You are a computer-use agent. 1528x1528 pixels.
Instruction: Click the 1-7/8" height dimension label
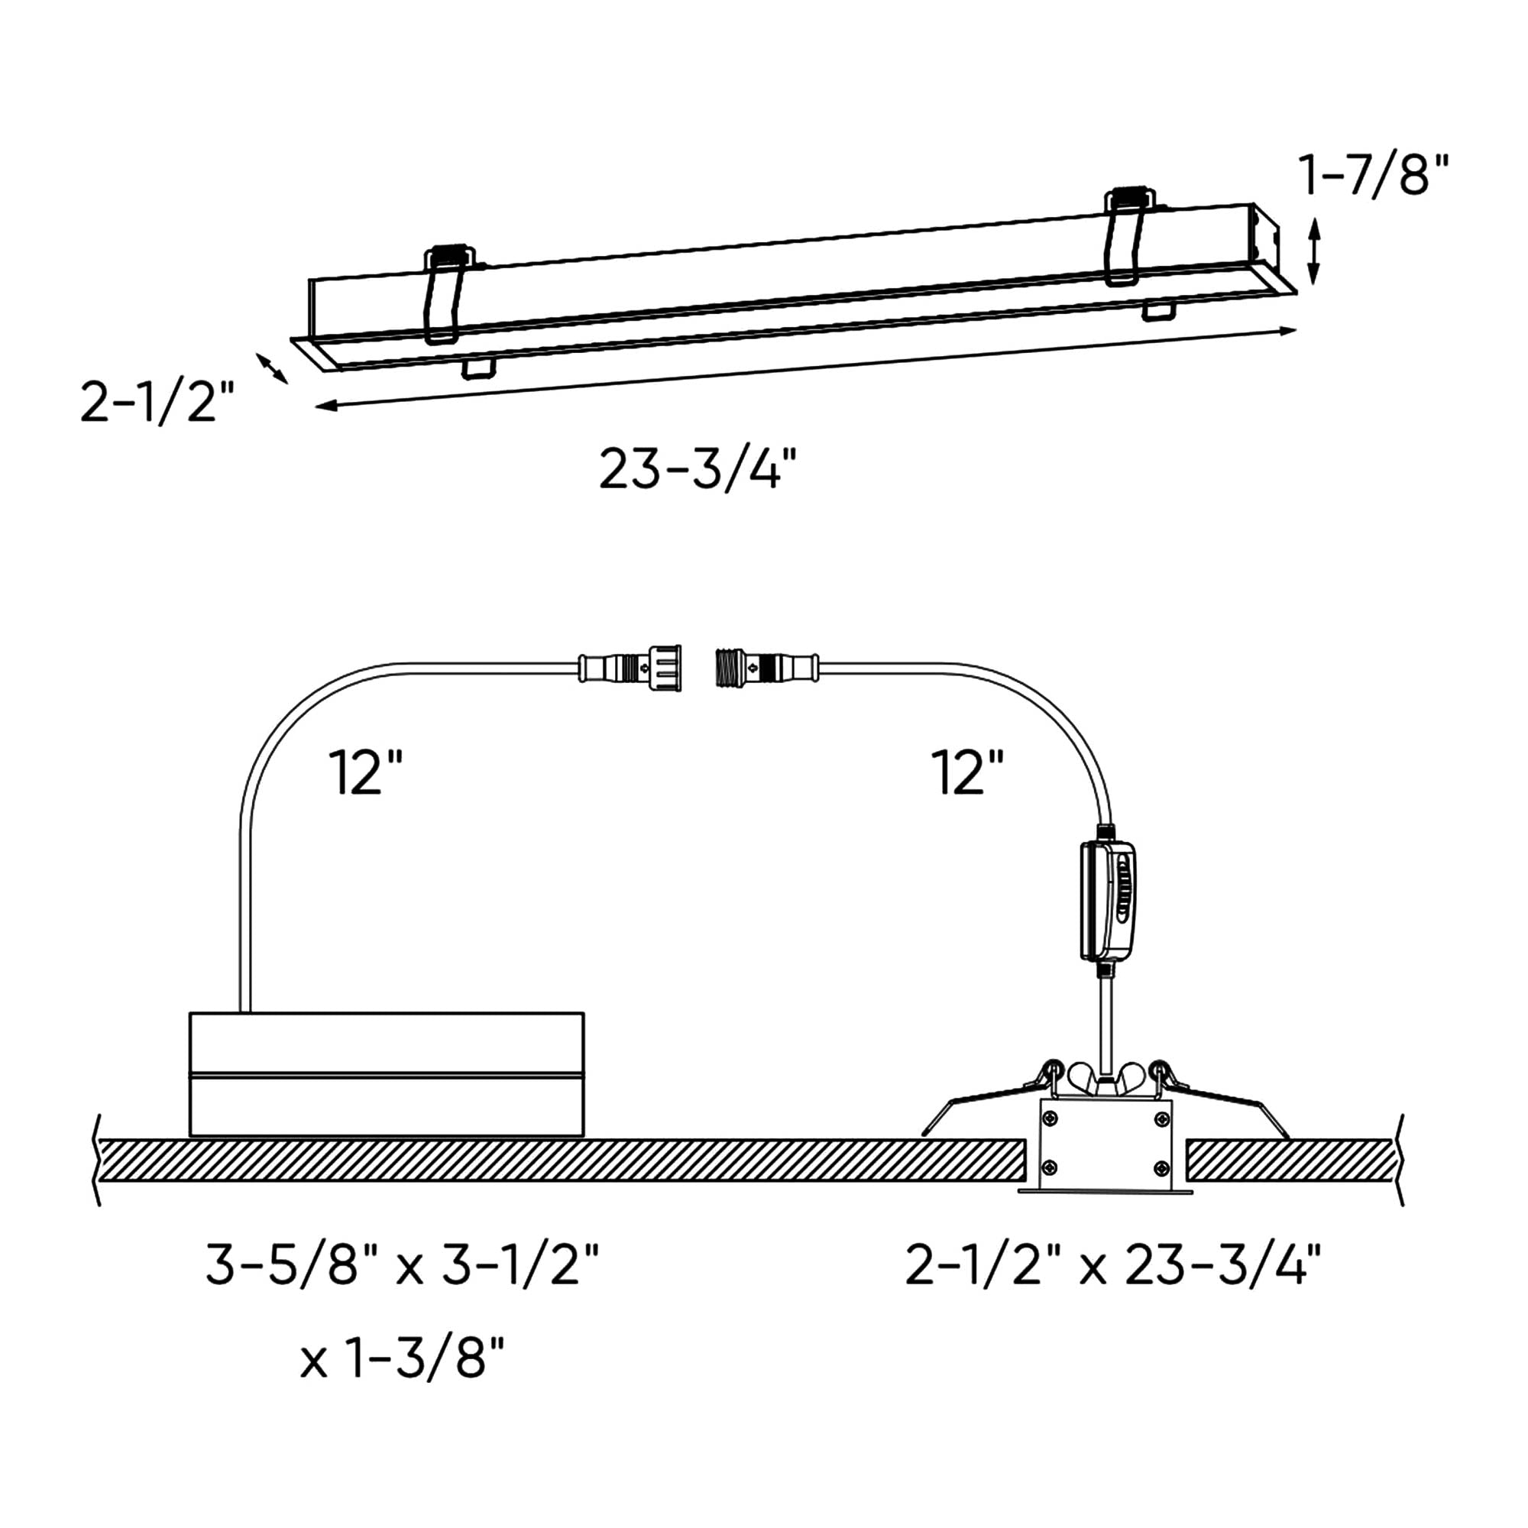click(x=1374, y=176)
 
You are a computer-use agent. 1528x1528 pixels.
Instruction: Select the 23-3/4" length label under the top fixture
click(x=697, y=469)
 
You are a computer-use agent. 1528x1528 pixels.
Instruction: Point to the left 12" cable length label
click(x=365, y=772)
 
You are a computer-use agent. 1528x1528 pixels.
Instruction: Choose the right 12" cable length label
click(x=967, y=772)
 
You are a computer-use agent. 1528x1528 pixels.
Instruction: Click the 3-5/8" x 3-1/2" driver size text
click(x=403, y=1264)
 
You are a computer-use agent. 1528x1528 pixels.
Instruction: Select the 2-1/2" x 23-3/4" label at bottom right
click(x=1114, y=1264)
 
